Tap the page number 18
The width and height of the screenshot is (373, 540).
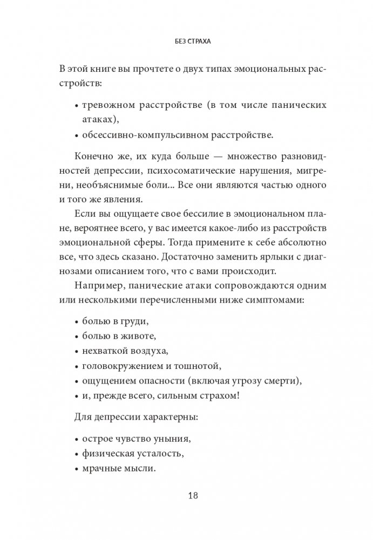click(x=186, y=496)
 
